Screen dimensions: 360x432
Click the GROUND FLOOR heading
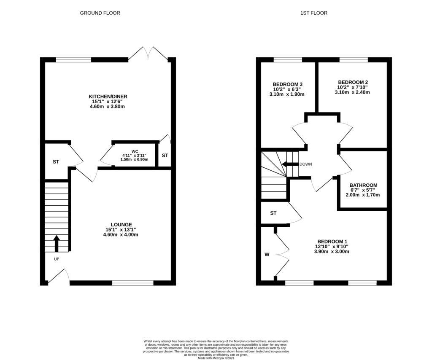tap(100, 13)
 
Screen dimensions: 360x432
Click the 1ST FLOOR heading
tap(313, 13)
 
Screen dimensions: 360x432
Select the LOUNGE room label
tap(121, 224)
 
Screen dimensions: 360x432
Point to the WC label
tap(135, 150)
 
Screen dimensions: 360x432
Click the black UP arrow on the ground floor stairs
tap(57, 243)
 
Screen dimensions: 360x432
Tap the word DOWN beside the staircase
tap(305, 164)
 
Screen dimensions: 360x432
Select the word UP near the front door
tap(57, 259)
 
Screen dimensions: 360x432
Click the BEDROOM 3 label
tap(287, 84)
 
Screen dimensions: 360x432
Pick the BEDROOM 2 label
tap(352, 82)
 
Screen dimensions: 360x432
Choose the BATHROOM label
tap(363, 185)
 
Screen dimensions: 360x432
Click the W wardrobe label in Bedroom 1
tap(267, 254)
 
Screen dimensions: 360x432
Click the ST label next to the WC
tap(165, 156)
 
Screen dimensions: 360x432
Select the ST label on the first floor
tap(273, 213)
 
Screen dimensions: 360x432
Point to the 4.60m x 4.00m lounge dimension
tap(121, 234)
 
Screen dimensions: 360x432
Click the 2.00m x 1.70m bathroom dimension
tap(363, 195)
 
